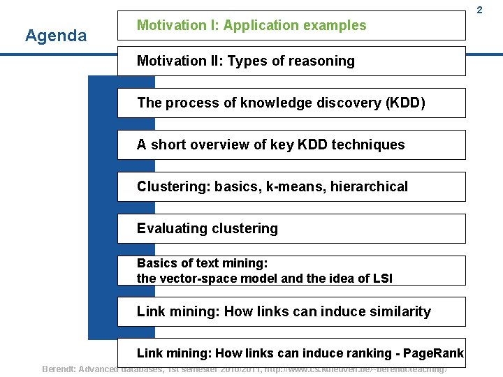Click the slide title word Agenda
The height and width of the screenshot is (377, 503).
[x=56, y=36]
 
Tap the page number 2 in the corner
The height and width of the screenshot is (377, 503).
[x=498, y=10]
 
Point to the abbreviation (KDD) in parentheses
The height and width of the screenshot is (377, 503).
[x=404, y=103]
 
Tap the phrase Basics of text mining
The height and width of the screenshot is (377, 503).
[x=202, y=263]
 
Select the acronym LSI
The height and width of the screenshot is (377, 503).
[x=380, y=278]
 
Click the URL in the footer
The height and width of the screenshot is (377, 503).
[x=356, y=368]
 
